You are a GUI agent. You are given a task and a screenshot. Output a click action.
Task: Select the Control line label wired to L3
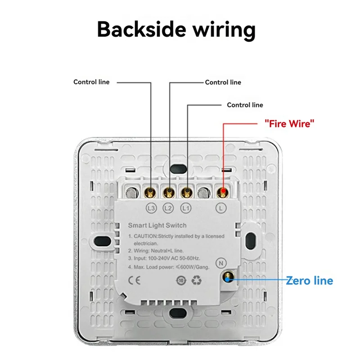(91, 82)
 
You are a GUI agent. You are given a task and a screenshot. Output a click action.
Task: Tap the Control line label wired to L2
(223, 82)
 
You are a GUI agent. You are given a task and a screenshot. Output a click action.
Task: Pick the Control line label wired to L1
(245, 105)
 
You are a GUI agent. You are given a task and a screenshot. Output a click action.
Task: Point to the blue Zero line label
(310, 281)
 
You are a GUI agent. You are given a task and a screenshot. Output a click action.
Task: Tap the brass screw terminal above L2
(169, 193)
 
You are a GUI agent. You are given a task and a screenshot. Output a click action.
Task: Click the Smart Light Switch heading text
(157, 225)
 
